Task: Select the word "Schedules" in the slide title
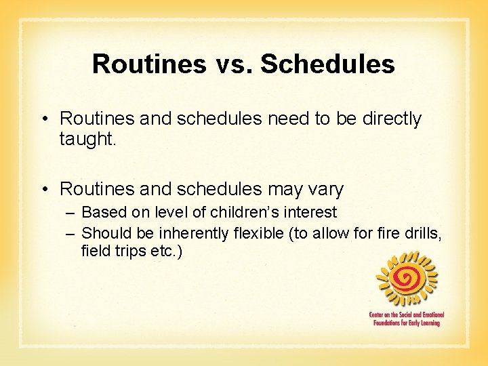pos(327,64)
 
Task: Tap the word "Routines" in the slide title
pos(148,64)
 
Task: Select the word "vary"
pos(326,189)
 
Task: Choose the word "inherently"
pos(197,233)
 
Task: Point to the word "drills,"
pos(420,233)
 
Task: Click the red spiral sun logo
pos(407,278)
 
